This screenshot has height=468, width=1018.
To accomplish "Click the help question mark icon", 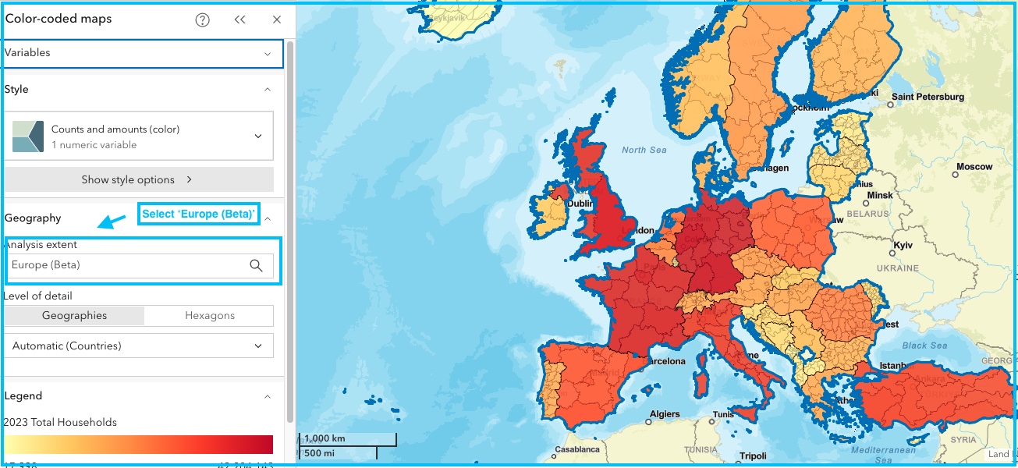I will (x=203, y=20).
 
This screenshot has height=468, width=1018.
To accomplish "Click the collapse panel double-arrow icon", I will (x=240, y=20).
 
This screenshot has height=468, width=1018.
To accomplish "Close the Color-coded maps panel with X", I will (x=277, y=20).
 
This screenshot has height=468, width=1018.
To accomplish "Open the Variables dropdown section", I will (x=140, y=53).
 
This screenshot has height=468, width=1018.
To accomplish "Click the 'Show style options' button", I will (x=139, y=179).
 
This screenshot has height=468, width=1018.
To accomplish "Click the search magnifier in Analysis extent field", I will (x=256, y=265).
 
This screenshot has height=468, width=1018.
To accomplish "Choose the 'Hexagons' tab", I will (x=209, y=316).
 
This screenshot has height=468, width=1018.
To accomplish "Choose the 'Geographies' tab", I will (x=75, y=316).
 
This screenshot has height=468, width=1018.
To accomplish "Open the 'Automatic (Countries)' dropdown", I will (x=139, y=346).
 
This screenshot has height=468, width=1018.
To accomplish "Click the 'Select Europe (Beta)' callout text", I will (x=198, y=214).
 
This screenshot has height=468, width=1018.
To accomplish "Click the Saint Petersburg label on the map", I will (x=928, y=97).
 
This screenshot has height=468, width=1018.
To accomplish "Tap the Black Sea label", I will (x=924, y=346).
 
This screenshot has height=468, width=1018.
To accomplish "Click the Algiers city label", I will (x=665, y=414).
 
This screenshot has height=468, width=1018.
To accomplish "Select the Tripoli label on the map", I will (x=753, y=456).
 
